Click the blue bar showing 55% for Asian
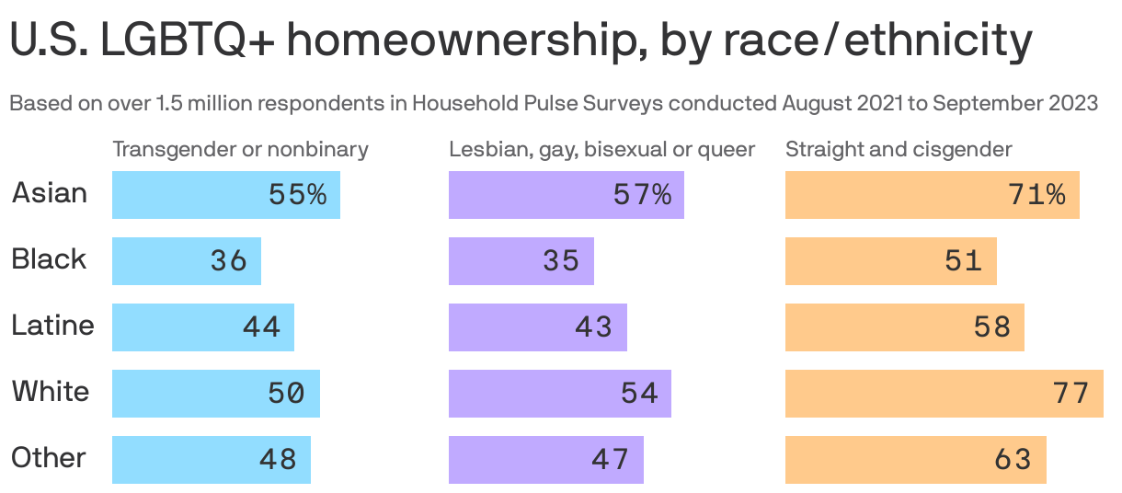click(x=225, y=195)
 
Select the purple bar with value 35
click(x=521, y=261)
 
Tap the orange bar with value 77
click(x=944, y=394)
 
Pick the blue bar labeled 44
click(x=202, y=327)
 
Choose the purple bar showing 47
click(x=545, y=460)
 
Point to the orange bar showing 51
click(x=890, y=261)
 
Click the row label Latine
click(x=52, y=326)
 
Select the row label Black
click(x=49, y=259)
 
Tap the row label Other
click(x=49, y=458)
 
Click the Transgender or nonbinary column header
click(x=240, y=149)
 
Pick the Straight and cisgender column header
click(x=899, y=149)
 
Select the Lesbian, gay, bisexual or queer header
click(x=601, y=149)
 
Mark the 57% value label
click(x=642, y=195)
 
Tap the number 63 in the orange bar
click(x=1013, y=460)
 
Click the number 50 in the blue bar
click(x=285, y=394)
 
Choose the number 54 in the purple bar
click(x=639, y=394)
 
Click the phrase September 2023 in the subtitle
click(x=1014, y=103)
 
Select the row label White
click(x=51, y=392)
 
